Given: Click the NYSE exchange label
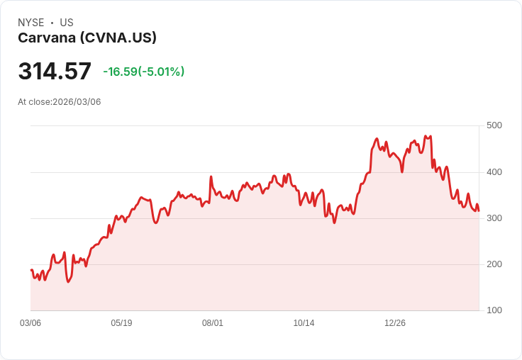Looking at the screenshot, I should coord(30,23).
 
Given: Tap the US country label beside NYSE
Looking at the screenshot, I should coord(67,23).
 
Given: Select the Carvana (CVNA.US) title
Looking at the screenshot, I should coord(87,38).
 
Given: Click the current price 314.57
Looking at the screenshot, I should coord(55,72).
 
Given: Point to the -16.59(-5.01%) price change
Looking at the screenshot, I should coord(143,72).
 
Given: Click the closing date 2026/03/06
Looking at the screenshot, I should coord(77,102).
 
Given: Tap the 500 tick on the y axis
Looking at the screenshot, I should coord(494,125).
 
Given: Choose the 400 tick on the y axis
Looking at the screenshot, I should coord(494,171).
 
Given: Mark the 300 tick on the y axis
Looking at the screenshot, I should coord(494,218).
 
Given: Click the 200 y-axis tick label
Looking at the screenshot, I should coord(494,264).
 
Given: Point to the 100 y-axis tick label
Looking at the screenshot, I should coord(494,310).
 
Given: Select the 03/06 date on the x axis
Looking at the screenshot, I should coord(30,323).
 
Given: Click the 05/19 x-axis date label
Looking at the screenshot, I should coord(121,323).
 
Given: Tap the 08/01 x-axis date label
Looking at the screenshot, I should coord(213,323).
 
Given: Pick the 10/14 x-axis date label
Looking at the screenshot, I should coord(304,323).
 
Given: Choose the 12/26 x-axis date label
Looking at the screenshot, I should coord(395,323).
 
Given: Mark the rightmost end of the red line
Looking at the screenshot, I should coord(479,210).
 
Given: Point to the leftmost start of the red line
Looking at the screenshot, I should coord(31,270).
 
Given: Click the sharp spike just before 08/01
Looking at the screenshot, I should coord(211,177).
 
